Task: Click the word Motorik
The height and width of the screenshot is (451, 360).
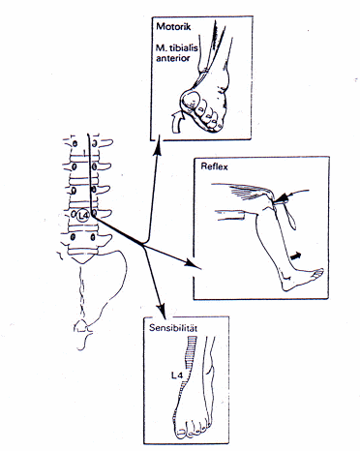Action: tap(173, 26)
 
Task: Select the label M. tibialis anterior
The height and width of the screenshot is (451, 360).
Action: tap(177, 53)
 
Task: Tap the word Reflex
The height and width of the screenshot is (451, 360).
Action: tap(214, 166)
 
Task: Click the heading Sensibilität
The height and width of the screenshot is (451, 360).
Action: tap(173, 328)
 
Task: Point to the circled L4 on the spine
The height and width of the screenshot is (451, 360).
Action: tap(83, 215)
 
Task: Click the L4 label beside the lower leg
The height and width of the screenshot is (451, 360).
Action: tap(177, 376)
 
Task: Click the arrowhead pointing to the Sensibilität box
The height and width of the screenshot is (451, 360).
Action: tap(163, 311)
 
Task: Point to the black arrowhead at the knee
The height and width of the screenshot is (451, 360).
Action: tap(280, 197)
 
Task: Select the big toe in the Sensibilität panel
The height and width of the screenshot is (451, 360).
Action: tap(182, 433)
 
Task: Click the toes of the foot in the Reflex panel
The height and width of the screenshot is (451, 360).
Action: tap(318, 273)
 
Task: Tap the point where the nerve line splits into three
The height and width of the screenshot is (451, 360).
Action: tap(143, 245)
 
